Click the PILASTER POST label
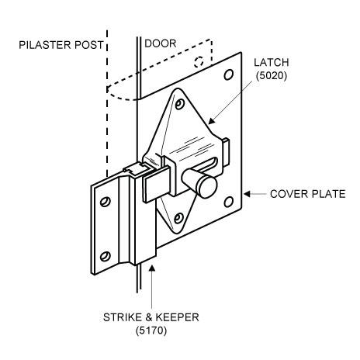[x=61, y=45]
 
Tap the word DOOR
[x=161, y=43]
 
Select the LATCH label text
[x=272, y=63]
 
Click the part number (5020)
[x=272, y=75]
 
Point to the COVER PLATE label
[x=308, y=194]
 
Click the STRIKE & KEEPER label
[x=151, y=317]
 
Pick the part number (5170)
[x=151, y=331]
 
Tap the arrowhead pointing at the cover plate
[x=247, y=194]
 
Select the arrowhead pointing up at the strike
[x=152, y=268]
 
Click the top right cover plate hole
[x=229, y=74]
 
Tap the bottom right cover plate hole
[x=228, y=202]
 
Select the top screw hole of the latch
[x=178, y=104]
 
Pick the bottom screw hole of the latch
[x=178, y=218]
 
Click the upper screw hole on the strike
[x=105, y=202]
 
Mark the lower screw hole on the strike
[x=105, y=256]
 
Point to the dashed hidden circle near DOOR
[x=199, y=62]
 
